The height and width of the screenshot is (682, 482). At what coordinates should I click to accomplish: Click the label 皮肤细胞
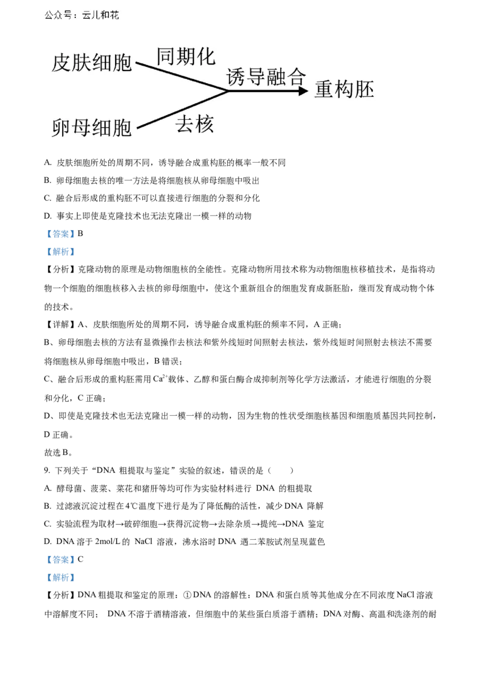[x=92, y=63]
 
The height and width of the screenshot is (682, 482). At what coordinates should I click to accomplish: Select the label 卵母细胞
[x=92, y=128]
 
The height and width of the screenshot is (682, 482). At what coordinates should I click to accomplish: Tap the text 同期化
[x=186, y=56]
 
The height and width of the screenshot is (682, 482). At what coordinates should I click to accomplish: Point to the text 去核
[x=195, y=125]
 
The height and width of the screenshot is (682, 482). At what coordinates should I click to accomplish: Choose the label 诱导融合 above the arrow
[x=266, y=77]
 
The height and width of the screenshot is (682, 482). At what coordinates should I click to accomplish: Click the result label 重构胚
[x=344, y=90]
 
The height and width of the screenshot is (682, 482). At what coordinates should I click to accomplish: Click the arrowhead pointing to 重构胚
[x=303, y=91]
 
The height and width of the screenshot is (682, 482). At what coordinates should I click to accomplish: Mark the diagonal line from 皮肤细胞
[x=181, y=76]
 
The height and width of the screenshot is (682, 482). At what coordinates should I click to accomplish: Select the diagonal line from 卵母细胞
[x=181, y=110]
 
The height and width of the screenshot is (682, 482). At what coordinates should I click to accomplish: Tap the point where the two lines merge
[x=228, y=91]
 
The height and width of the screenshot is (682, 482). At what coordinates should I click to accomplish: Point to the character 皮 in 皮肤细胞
[x=61, y=63]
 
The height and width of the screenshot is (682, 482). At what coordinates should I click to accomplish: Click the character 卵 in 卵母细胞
[x=61, y=128]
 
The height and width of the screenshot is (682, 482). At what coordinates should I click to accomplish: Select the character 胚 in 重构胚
[x=364, y=90]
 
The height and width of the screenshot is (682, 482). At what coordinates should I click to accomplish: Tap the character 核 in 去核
[x=205, y=125]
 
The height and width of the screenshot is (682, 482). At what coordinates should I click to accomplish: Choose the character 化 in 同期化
[x=205, y=56]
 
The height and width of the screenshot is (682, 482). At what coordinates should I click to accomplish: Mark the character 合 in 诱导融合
[x=296, y=77]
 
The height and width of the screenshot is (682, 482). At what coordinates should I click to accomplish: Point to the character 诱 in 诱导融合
[x=236, y=77]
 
